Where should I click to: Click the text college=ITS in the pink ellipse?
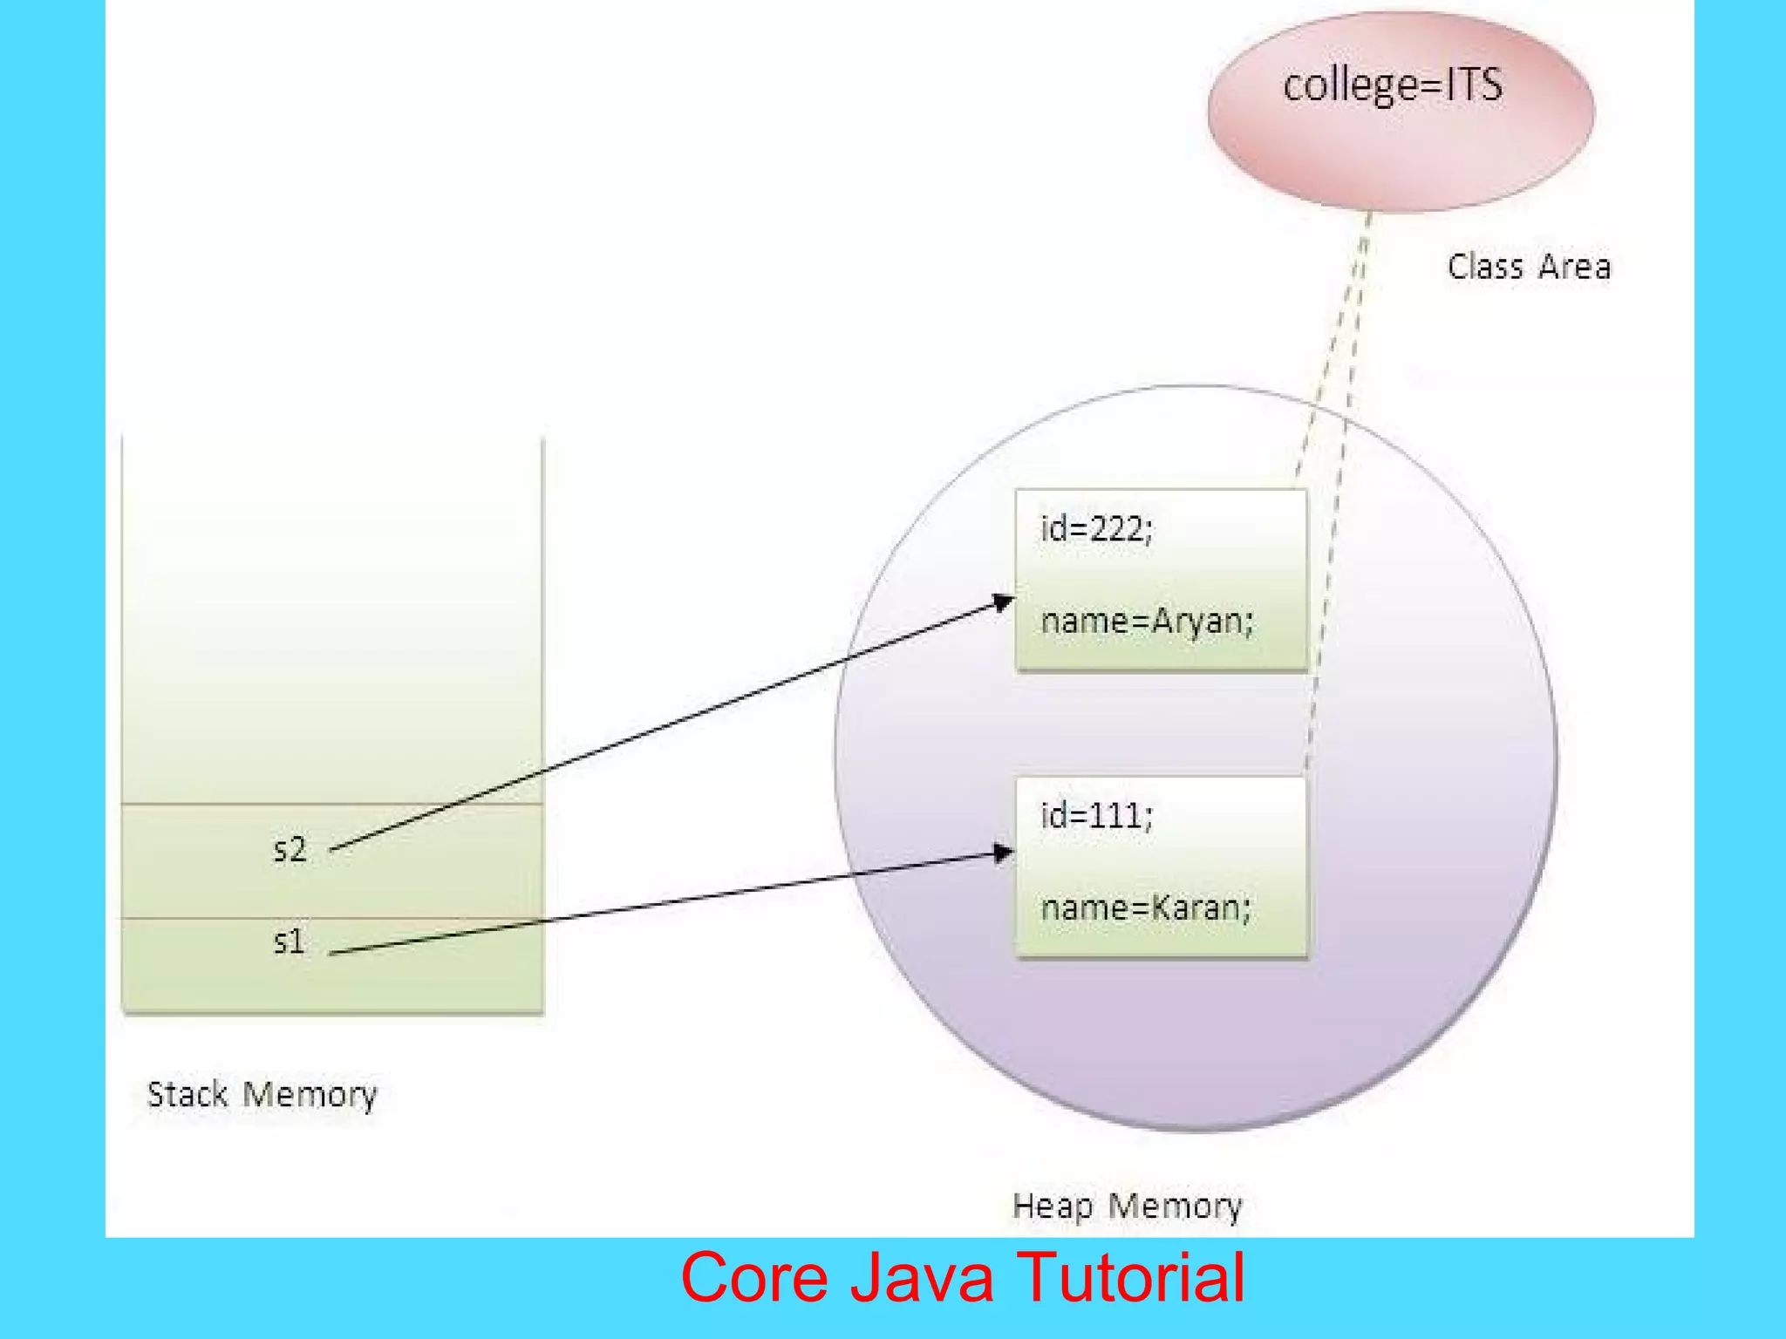[1393, 86]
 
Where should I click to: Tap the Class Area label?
[1529, 267]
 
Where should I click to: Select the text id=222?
[1096, 529]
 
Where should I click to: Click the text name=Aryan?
[1147, 622]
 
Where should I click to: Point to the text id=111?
[1096, 817]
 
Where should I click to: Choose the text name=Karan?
[1146, 908]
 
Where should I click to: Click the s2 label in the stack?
[290, 849]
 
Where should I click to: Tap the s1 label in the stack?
[290, 941]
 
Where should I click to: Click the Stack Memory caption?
[262, 1095]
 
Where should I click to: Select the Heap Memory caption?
[1127, 1206]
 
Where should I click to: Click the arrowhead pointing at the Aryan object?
[1004, 602]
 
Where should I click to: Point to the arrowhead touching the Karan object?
[1004, 853]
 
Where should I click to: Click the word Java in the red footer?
[922, 1277]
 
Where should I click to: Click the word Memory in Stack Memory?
[310, 1095]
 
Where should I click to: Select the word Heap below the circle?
[1052, 1206]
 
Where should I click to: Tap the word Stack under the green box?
[187, 1095]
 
